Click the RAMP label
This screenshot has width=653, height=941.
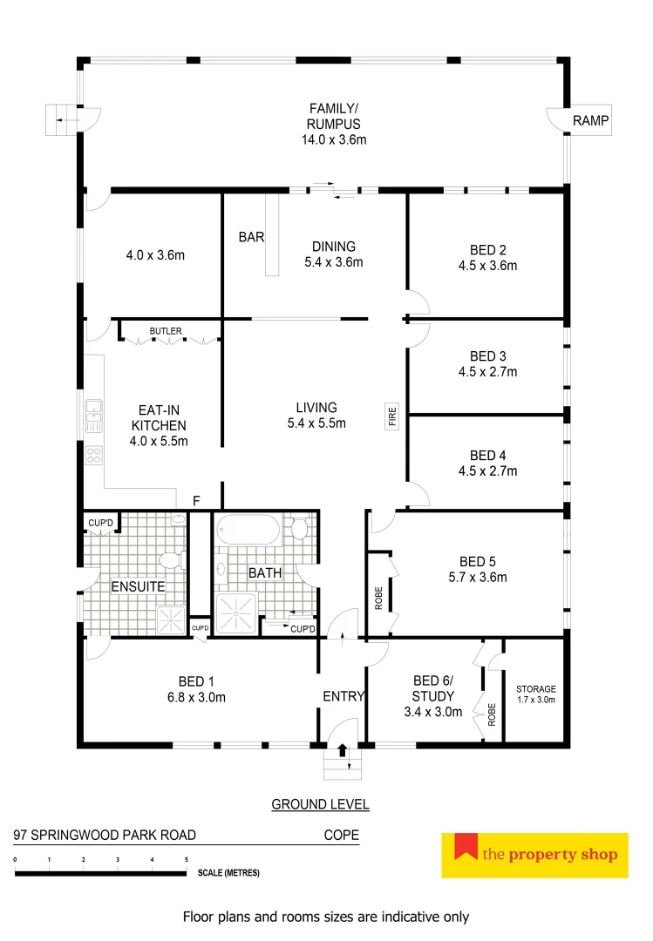[590, 120]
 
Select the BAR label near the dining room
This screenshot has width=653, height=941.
[251, 237]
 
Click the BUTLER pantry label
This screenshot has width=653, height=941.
[166, 331]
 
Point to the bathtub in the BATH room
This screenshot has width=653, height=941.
[248, 530]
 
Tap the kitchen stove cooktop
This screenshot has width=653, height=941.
[93, 455]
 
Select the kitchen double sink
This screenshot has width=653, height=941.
[93, 416]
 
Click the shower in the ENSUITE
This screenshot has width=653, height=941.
[170, 619]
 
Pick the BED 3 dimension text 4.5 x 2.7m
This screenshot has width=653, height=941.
[493, 372]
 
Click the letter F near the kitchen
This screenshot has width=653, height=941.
[197, 501]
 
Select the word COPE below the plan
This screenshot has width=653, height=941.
[341, 835]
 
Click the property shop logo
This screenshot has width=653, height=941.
[535, 854]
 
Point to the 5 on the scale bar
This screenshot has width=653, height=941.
[186, 860]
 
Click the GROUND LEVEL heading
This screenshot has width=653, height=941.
[320, 804]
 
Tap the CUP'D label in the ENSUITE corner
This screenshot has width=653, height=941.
[101, 523]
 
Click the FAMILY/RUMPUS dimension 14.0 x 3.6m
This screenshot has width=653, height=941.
[334, 139]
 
